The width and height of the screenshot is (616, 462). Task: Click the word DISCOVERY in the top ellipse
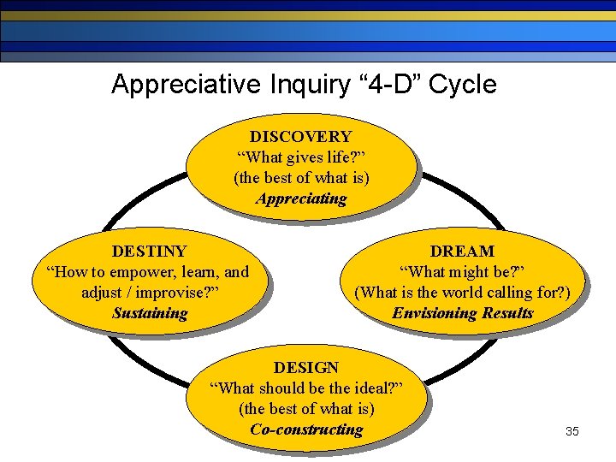coord(300,137)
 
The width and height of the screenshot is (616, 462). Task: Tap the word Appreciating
coord(301,199)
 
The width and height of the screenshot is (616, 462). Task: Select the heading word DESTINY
coord(149,252)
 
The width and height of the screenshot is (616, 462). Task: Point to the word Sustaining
coord(150,313)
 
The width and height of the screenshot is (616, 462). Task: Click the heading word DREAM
coord(462,252)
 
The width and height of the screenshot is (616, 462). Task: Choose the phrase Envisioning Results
coord(462,313)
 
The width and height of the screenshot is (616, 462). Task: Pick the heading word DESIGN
coord(306,368)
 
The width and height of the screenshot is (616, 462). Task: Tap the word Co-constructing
coord(306,429)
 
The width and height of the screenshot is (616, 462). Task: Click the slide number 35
coord(572,431)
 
